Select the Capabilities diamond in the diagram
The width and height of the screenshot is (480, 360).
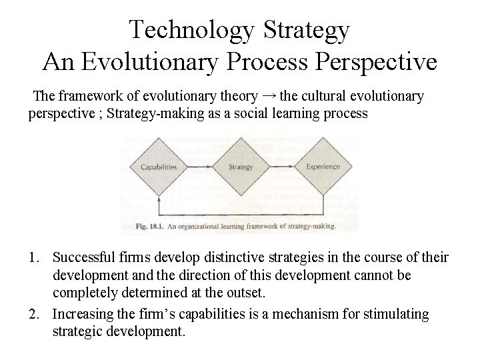(159, 167)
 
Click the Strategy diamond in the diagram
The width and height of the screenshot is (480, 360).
(240, 167)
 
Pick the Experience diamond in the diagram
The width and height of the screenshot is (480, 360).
(323, 167)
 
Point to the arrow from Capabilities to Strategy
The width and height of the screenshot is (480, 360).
(200, 167)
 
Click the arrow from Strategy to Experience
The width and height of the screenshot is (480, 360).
(281, 167)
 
